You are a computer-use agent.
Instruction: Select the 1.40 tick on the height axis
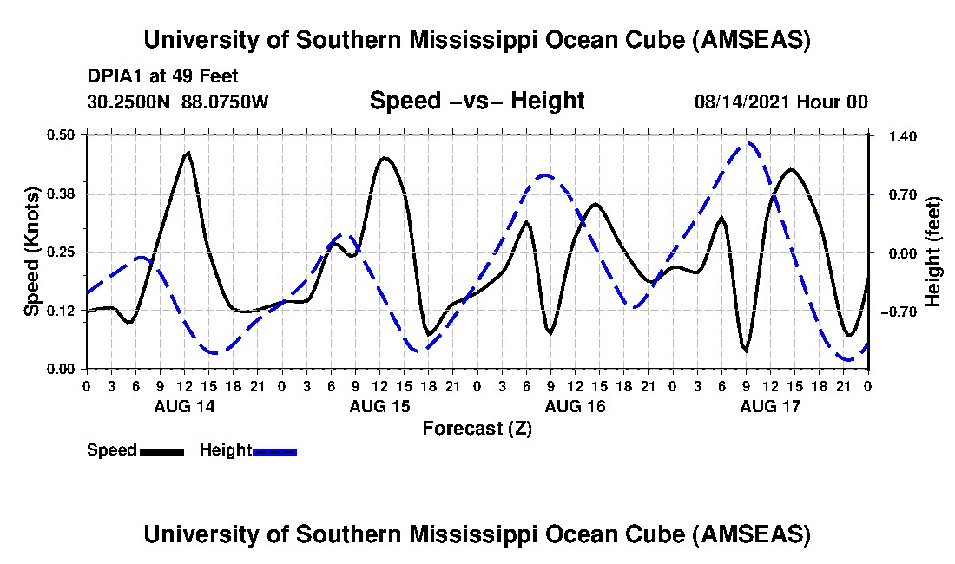[x=892, y=136]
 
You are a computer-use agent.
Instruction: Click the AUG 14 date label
[x=184, y=406]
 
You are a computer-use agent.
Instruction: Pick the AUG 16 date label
[x=575, y=406]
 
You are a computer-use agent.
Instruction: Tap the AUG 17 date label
[x=770, y=406]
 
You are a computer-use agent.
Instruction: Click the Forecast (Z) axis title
[x=477, y=428]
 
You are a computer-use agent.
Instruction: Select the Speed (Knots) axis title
[x=32, y=252]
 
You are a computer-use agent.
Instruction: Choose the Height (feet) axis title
[x=933, y=252]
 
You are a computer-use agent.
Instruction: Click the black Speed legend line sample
[x=161, y=451]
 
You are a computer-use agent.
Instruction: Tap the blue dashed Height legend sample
[x=274, y=451]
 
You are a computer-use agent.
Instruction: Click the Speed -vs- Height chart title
[x=477, y=101]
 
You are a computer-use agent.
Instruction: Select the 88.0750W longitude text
[x=226, y=102]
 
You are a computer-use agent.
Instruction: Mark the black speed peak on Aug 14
[x=187, y=153]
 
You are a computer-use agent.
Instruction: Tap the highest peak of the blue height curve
[x=748, y=143]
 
